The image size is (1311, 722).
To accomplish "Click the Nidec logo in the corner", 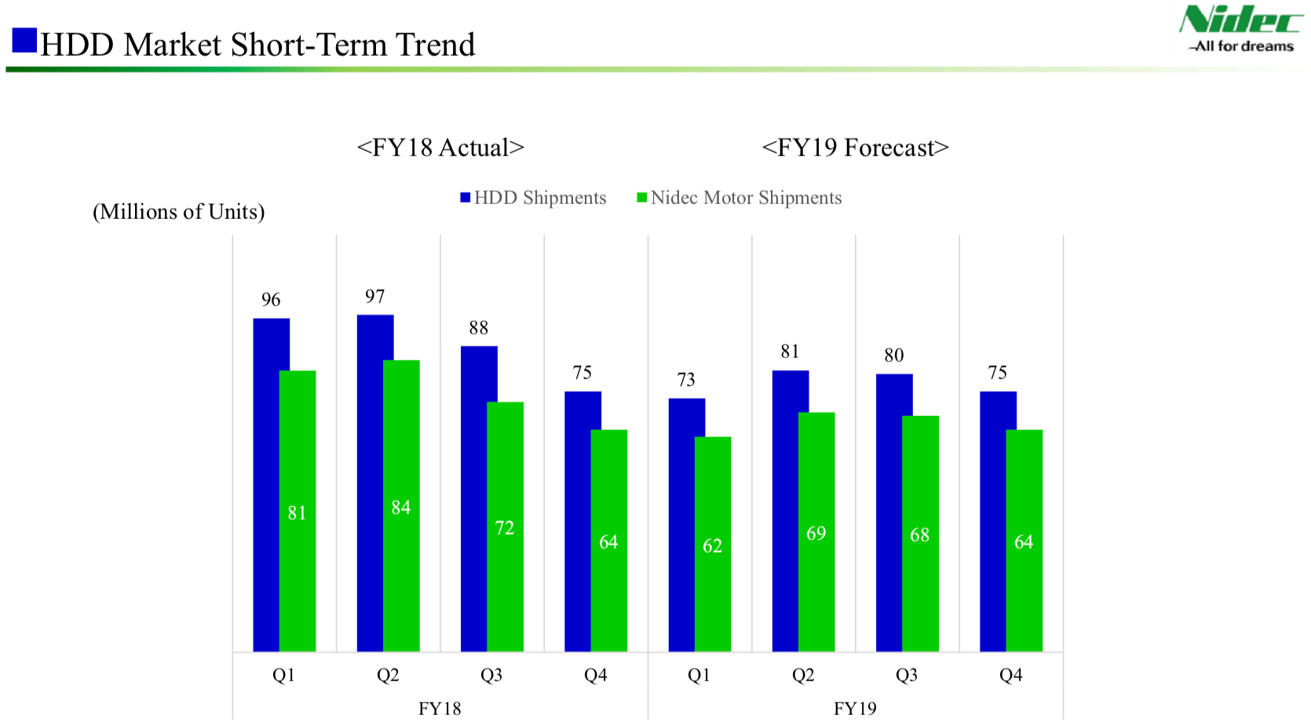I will [1240, 28].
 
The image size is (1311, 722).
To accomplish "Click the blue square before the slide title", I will [24, 40].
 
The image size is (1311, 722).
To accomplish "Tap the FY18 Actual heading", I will [440, 148].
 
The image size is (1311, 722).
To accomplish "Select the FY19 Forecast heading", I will [855, 148].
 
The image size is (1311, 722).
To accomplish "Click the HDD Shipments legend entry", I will [534, 198].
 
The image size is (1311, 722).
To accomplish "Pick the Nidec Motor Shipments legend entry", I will [739, 198].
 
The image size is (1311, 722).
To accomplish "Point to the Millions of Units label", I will [179, 212].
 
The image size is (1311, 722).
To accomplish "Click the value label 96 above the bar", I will [271, 300].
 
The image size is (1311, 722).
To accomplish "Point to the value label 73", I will [686, 380].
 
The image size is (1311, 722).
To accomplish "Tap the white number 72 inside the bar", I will [505, 528].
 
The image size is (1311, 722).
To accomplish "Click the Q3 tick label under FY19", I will [907, 675].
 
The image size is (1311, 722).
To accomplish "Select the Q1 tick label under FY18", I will [283, 675].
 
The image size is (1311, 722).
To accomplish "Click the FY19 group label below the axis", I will [855, 709].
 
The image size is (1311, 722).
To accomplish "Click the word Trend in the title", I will [435, 45].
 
